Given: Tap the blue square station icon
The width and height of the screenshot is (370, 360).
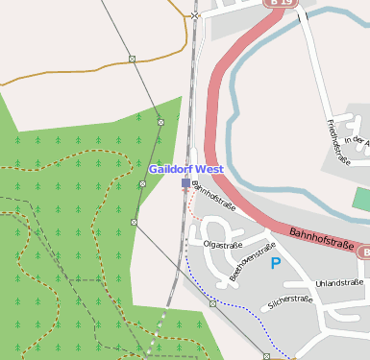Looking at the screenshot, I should point(185,182).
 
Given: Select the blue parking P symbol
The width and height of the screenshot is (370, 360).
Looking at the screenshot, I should point(276,262).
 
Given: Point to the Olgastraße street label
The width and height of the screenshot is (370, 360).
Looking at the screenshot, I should point(221,245).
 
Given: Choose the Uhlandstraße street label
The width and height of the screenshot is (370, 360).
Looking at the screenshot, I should point(339,282).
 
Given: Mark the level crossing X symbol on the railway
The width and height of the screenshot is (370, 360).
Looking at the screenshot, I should point(195,16).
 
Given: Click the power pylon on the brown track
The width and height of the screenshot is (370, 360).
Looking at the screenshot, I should point(132,60).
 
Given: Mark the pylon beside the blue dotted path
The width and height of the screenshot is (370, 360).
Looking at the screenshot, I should point(212,303).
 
